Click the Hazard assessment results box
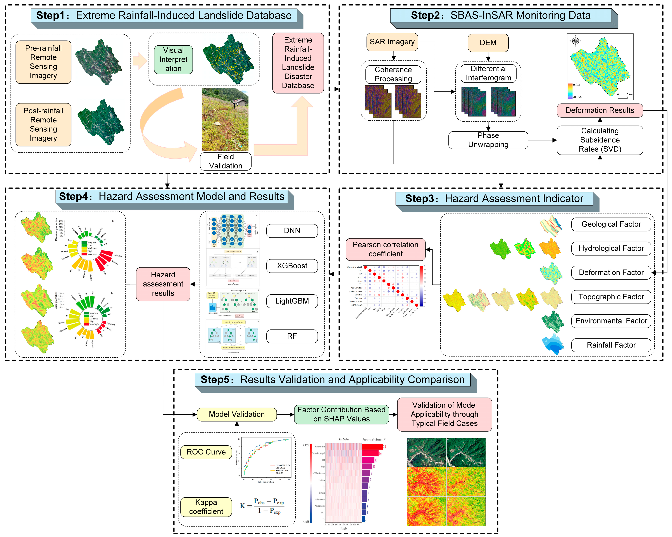(x=163, y=284)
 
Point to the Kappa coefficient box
(x=206, y=507)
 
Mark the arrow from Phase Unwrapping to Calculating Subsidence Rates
(x=542, y=140)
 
